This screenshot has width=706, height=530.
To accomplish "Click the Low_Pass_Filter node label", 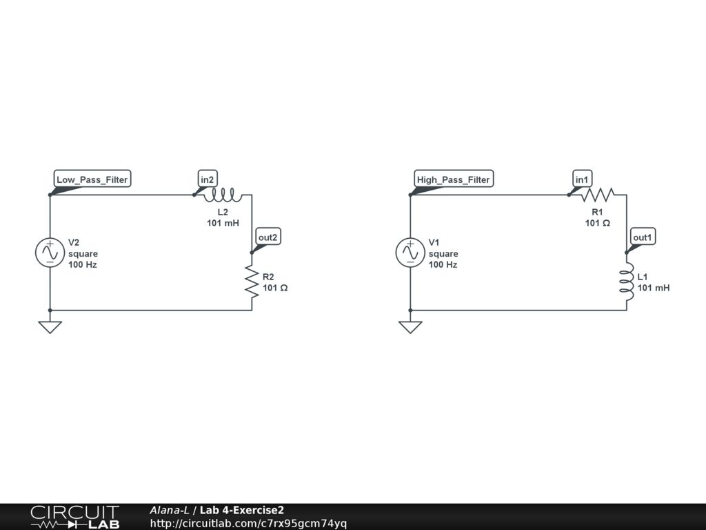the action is [92, 179].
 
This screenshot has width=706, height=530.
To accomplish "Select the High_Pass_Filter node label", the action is [453, 179].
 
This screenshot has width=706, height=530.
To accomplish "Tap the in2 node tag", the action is [208, 179].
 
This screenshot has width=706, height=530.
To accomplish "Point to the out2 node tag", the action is [268, 237].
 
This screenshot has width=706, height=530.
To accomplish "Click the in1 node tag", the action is [583, 179].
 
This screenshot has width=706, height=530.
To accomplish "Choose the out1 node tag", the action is [643, 237].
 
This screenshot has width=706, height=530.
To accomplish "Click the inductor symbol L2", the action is [223, 194].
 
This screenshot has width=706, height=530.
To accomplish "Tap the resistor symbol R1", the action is [597, 194].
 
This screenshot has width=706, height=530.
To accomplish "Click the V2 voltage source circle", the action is [50, 253].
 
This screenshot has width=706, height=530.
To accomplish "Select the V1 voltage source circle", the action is [410, 253].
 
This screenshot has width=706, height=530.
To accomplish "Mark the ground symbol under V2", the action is [50, 326].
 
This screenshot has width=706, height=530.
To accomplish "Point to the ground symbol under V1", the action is [410, 326].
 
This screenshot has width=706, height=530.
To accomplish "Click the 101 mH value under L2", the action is [223, 223].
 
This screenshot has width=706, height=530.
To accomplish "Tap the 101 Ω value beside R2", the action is [275, 288].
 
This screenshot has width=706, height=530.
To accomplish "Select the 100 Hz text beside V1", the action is [443, 264].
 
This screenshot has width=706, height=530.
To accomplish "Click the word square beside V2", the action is [83, 253].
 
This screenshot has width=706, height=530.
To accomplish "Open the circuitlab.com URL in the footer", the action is [248, 524].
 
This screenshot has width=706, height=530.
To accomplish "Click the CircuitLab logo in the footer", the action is [74, 517].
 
